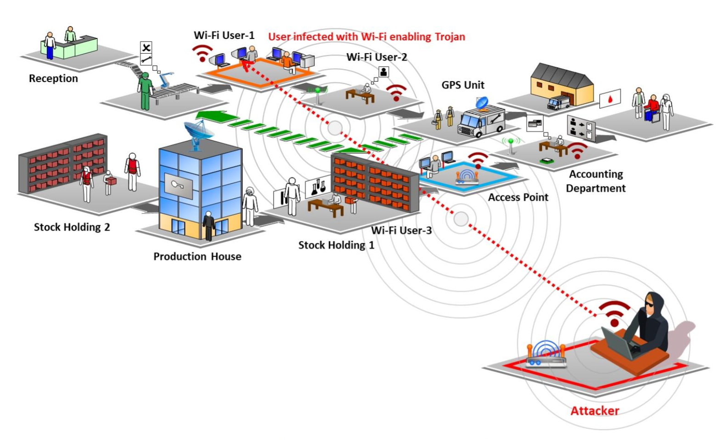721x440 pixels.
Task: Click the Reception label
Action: pos(53,78)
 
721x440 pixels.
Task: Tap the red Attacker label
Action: pos(595,411)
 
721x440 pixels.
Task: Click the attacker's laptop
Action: pos(617,342)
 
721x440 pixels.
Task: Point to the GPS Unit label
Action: pos(463,85)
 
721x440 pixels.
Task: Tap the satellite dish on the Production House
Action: pos(198,133)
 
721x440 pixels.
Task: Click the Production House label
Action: pos(197,256)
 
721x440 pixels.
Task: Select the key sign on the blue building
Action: pos(178,185)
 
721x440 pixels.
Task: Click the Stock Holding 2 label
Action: pos(72,227)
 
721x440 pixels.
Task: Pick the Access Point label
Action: pos(518,197)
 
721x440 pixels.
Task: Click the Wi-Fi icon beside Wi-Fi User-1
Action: pos(202,52)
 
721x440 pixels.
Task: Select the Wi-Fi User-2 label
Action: pos(376,57)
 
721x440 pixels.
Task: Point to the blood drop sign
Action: pos(610,99)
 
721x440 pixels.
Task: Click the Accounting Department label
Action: pos(596,181)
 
